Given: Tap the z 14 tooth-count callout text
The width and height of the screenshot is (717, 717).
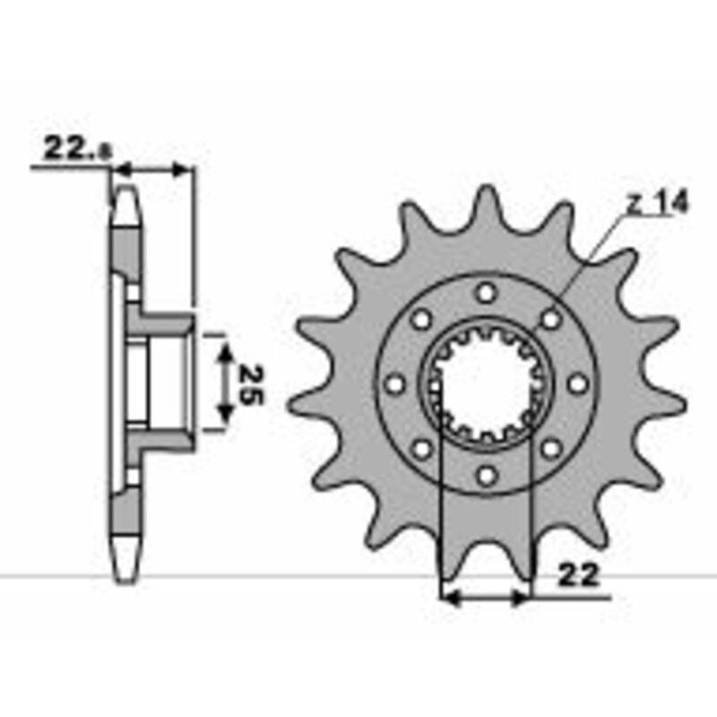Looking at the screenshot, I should click(657, 204).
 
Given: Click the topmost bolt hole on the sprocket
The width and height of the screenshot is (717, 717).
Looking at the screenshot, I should click(486, 292).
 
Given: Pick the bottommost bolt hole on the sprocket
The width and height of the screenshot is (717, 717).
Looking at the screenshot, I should click(486, 475).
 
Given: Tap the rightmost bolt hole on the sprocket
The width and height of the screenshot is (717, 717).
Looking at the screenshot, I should click(578, 384).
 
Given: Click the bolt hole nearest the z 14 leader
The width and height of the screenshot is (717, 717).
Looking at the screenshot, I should click(551, 318).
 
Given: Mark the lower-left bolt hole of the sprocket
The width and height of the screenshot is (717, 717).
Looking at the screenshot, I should click(420, 448).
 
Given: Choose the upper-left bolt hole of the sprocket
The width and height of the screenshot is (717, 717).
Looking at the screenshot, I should click(420, 318).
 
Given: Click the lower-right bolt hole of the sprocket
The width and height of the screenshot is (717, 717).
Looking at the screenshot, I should click(551, 448).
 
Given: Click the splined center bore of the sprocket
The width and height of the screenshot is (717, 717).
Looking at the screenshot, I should click(486, 384).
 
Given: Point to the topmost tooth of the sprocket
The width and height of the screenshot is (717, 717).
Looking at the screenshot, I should click(487, 202).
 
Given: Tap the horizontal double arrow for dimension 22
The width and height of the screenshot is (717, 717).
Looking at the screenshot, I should click(485, 596).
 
